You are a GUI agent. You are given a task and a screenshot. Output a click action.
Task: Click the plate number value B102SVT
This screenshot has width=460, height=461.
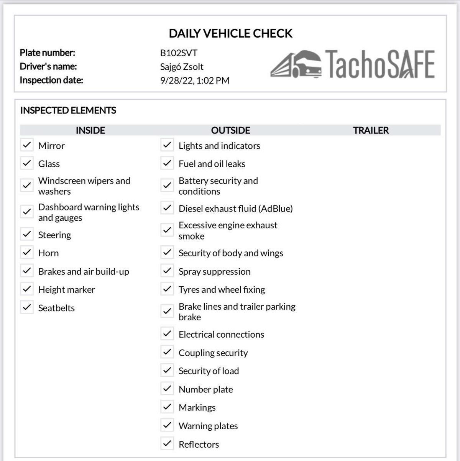click(x=179, y=53)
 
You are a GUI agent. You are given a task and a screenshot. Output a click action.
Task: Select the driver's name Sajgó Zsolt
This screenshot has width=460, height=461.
click(x=182, y=67)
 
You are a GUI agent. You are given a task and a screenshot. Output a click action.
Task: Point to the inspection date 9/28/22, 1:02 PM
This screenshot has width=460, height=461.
click(x=195, y=80)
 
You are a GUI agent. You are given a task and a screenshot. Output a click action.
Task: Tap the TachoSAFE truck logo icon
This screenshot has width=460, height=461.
click(x=296, y=64)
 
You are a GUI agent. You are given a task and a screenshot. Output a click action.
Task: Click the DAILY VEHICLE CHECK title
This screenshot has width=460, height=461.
click(x=230, y=33)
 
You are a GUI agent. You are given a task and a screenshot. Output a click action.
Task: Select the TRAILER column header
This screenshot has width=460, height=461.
click(x=371, y=130)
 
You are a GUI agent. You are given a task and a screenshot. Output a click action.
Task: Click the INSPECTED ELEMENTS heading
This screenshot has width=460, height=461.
click(x=68, y=110)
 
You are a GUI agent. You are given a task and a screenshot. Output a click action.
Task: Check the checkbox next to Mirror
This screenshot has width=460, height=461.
click(x=27, y=145)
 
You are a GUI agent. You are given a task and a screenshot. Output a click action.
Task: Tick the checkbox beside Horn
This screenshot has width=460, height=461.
click(x=27, y=252)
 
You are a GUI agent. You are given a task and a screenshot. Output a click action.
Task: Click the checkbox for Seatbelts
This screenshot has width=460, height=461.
click(x=27, y=307)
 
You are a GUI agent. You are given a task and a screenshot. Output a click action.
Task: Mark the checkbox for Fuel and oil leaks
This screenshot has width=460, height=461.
click(x=167, y=163)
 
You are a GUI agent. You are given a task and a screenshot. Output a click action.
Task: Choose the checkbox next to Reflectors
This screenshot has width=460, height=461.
click(x=167, y=443)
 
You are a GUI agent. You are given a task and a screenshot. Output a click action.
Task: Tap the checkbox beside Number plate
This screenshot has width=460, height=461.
click(x=167, y=389)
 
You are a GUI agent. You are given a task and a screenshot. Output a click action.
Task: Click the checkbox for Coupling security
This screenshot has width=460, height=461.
click(x=167, y=352)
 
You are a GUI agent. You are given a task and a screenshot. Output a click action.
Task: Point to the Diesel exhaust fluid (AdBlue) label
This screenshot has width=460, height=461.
click(x=235, y=208)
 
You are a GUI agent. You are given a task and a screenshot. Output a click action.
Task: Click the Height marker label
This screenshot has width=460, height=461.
click(x=67, y=290)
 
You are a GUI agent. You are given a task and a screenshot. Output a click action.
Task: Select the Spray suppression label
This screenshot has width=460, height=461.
click(x=214, y=271)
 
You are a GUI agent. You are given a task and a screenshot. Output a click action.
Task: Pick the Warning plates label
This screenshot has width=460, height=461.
click(x=208, y=426)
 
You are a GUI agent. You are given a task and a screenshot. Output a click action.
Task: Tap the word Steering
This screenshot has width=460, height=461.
click(x=54, y=235)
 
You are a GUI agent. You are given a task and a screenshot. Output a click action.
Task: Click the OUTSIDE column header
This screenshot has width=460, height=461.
click(x=230, y=130)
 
